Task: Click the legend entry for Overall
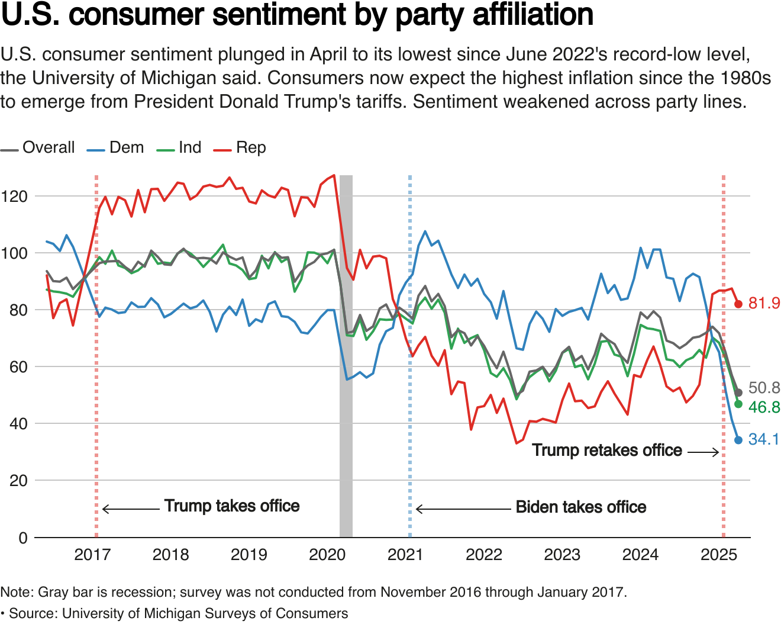pos(38,147)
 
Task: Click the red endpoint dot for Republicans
pos(738,304)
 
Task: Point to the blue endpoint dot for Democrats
pos(738,440)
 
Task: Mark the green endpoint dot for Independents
pos(738,404)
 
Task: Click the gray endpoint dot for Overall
pos(738,393)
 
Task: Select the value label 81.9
pos(764,303)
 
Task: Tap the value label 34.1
pos(764,439)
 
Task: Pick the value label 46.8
pos(764,407)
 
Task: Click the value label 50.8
pos(764,388)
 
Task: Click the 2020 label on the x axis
pos(327,555)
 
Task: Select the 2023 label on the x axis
pos(562,555)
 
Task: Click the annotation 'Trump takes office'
pos(232,506)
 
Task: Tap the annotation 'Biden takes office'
pos(581,507)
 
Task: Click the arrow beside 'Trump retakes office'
pos(703,452)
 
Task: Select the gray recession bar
pos(346,355)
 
